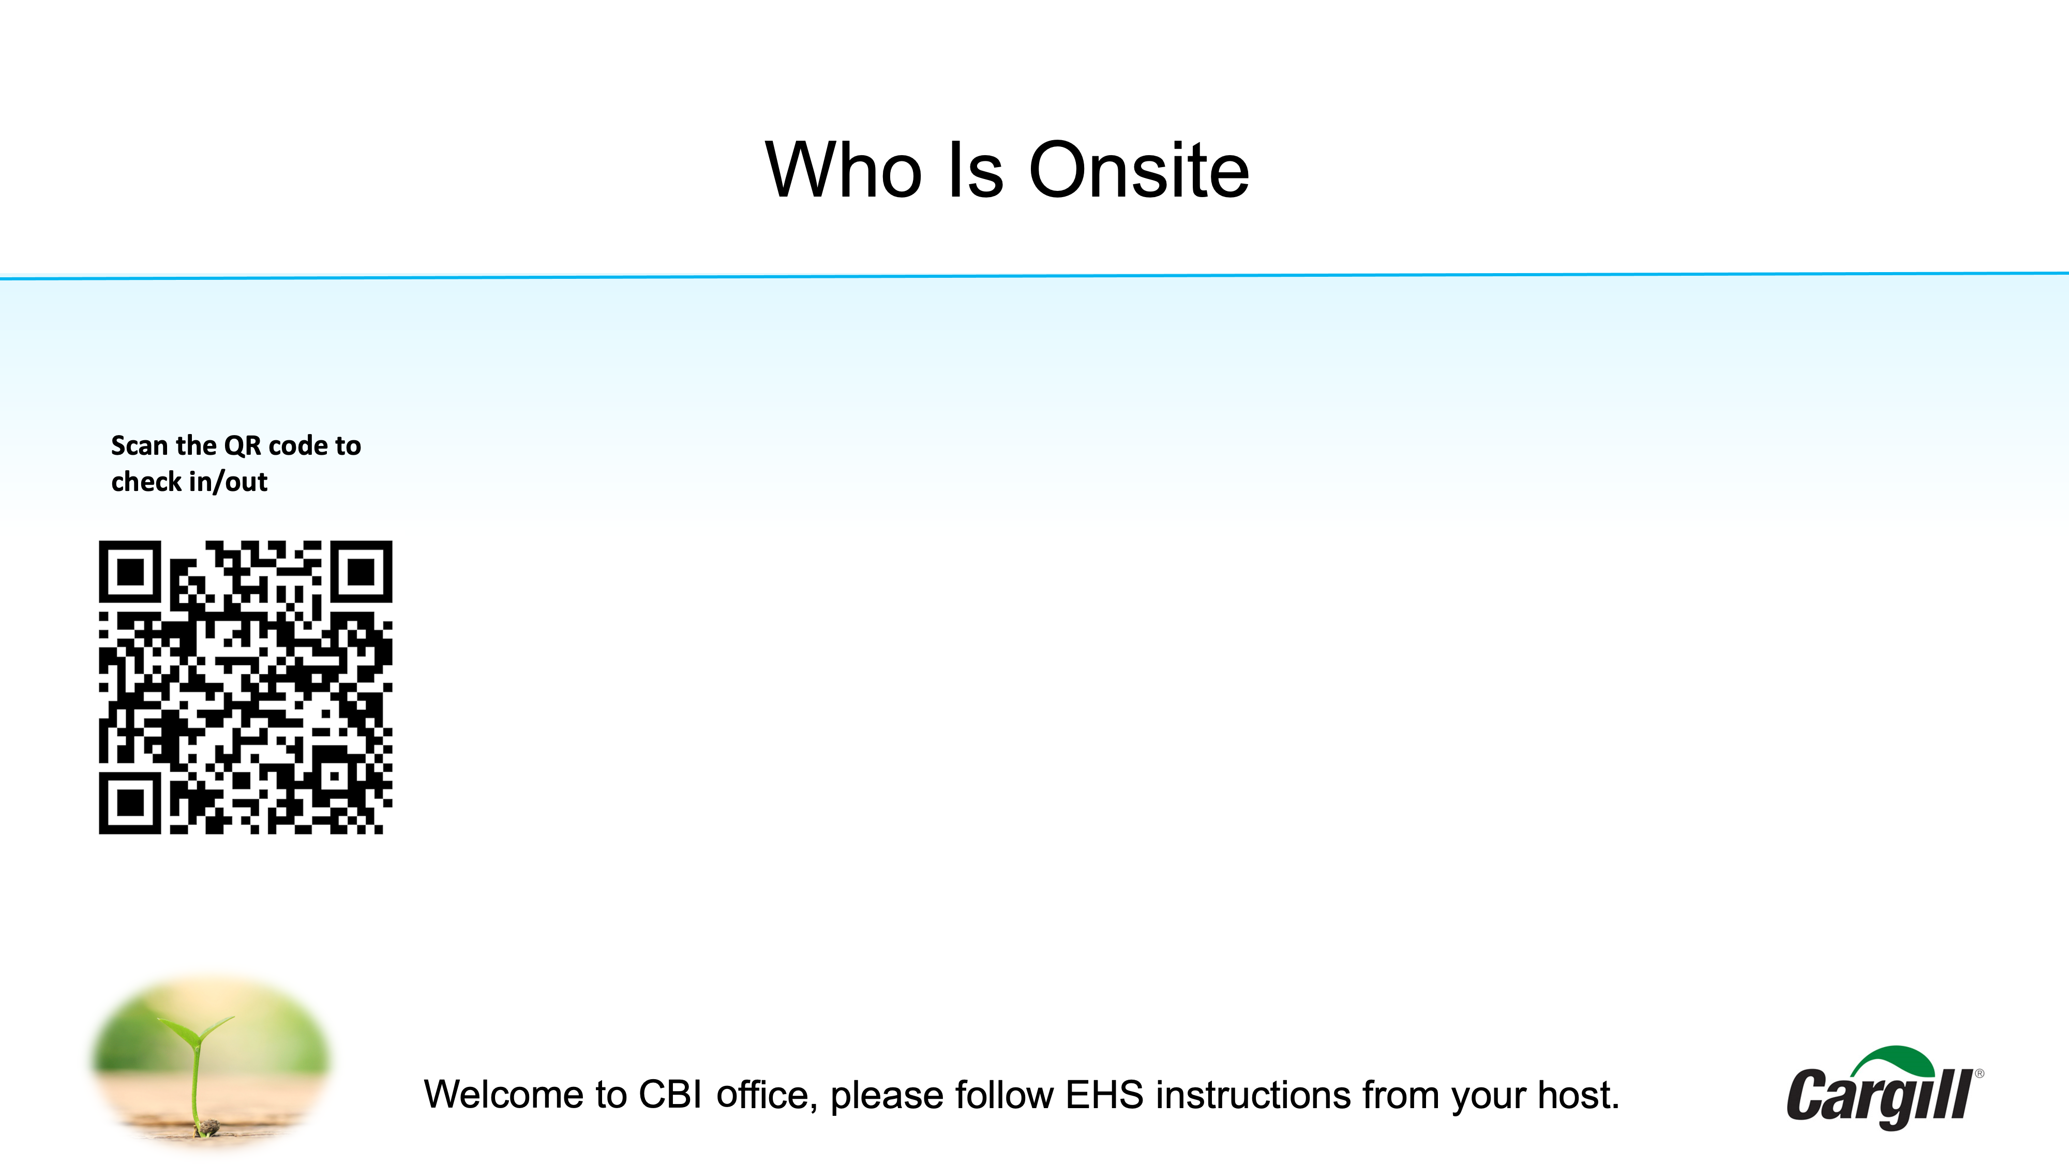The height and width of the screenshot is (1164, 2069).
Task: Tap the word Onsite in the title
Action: click(1139, 170)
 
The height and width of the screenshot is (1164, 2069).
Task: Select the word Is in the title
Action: click(976, 170)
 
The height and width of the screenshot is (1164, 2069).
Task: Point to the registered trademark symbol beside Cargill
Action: click(1980, 1073)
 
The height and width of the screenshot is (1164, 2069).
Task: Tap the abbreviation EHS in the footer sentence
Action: click(1104, 1095)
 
